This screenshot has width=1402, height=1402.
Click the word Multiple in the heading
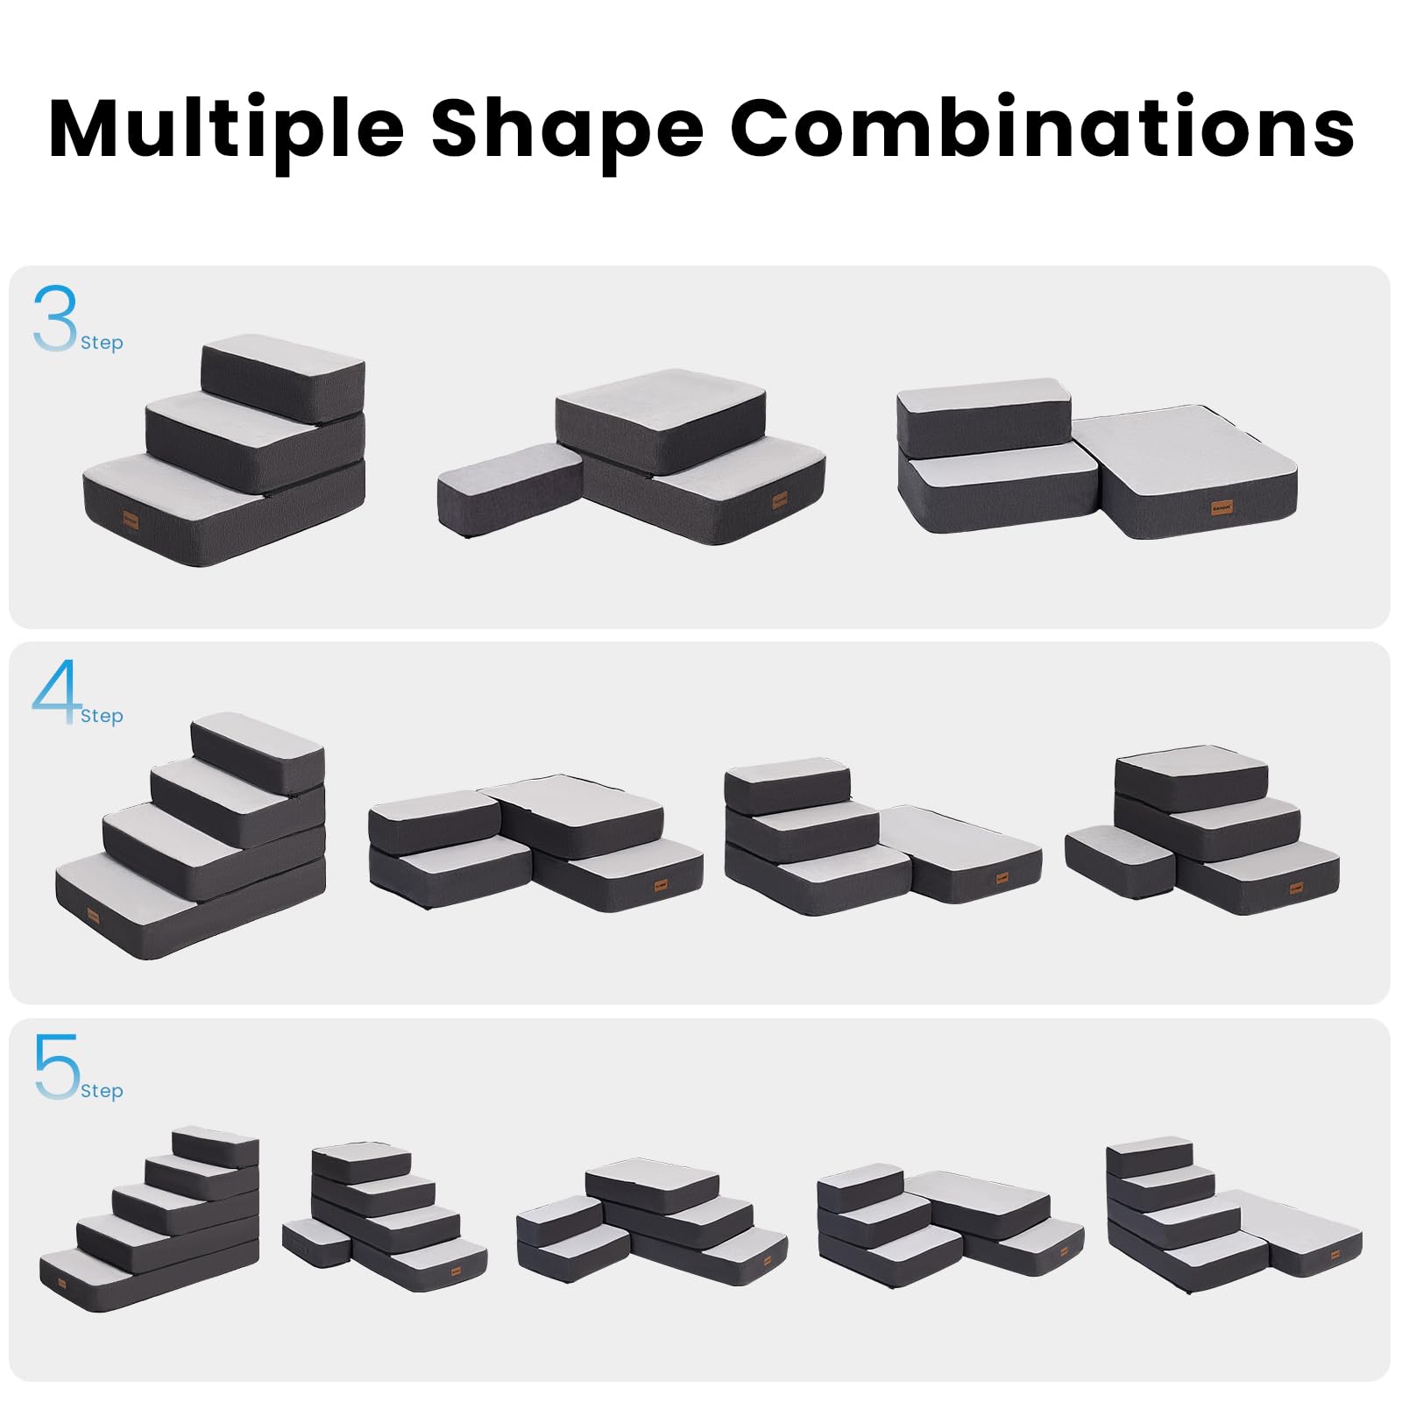click(x=226, y=129)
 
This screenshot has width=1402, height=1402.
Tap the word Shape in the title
click(x=567, y=129)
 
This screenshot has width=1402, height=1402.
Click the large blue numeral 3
click(x=54, y=317)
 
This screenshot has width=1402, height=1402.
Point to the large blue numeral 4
click(x=56, y=692)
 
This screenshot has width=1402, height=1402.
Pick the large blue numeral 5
click(x=56, y=1066)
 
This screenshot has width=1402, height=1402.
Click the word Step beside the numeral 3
click(x=102, y=343)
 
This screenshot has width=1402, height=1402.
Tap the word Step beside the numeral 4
click(x=102, y=716)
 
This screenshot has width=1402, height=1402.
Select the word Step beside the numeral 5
click(x=102, y=1091)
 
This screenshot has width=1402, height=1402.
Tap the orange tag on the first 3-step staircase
click(x=131, y=520)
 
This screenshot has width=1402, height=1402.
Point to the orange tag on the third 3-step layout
click(x=1221, y=507)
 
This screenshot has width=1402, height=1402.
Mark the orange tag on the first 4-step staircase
click(x=93, y=917)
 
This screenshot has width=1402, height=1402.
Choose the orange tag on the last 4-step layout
click(x=1296, y=889)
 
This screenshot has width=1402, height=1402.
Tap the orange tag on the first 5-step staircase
click(x=61, y=1284)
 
